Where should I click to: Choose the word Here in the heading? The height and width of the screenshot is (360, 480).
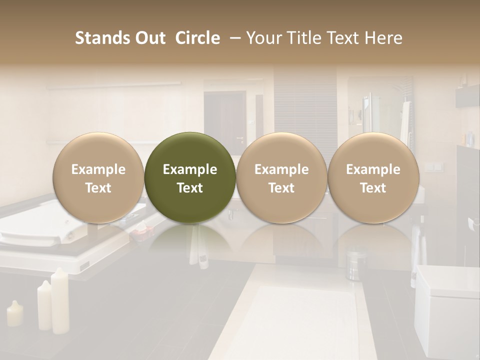click(x=383, y=38)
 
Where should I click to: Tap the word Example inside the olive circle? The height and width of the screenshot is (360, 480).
click(x=190, y=169)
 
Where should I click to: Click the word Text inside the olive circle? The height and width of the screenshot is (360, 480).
click(x=190, y=188)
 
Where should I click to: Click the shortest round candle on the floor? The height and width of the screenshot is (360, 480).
click(x=14, y=313)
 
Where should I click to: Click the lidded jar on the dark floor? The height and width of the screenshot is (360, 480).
click(x=356, y=264)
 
